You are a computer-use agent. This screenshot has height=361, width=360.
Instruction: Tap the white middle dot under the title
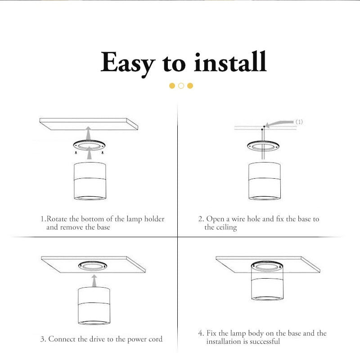tap(181, 86)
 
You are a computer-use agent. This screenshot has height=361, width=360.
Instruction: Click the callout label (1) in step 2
tap(299, 122)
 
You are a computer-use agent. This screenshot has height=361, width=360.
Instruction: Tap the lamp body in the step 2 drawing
tap(265, 182)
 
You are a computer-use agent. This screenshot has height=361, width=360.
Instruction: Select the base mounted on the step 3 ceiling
tap(94, 266)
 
